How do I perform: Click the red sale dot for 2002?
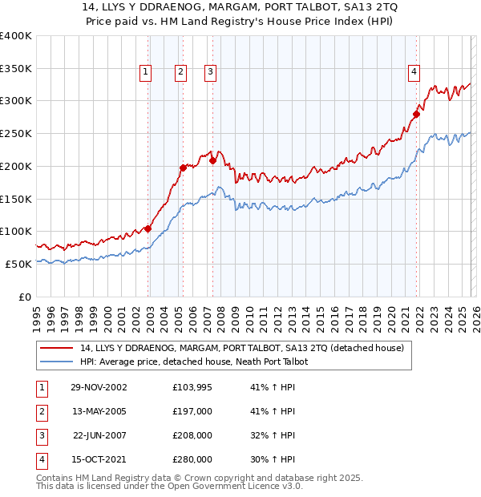pyautogui.click(x=148, y=228)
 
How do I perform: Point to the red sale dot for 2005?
pyautogui.click(x=183, y=168)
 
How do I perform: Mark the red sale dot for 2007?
pyautogui.click(x=212, y=160)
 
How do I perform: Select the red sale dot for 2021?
pyautogui.click(x=417, y=114)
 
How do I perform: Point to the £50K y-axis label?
pyautogui.click(x=18, y=264)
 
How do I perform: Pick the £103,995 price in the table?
pyautogui.click(x=192, y=387)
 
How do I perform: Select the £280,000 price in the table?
pyautogui.click(x=192, y=459)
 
